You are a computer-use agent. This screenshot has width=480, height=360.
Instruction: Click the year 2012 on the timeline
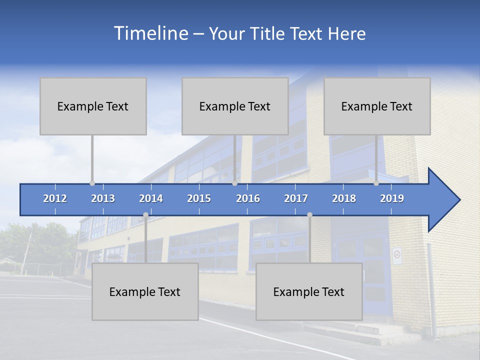tap(55, 198)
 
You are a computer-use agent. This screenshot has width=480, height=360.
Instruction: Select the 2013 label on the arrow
tap(103, 198)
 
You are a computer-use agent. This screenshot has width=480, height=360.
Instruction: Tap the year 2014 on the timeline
tap(151, 198)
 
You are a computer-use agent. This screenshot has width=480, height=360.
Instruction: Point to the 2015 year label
tap(199, 198)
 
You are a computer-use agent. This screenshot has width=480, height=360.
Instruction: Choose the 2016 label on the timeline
tap(248, 198)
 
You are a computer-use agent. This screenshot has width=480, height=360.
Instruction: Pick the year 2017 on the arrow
tap(296, 198)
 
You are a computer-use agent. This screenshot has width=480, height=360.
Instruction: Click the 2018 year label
tap(344, 198)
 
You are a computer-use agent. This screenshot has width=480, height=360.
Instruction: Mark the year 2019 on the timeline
tap(392, 198)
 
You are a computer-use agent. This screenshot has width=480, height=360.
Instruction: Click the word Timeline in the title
tap(150, 33)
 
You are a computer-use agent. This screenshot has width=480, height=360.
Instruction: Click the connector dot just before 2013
tap(92, 183)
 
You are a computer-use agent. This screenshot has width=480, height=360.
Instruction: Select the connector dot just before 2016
tap(234, 183)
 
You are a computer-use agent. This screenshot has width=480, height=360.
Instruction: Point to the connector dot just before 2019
tap(376, 183)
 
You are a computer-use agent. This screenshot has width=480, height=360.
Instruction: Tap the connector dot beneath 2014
tap(145, 215)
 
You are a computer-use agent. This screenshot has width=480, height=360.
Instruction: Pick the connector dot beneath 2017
tap(309, 215)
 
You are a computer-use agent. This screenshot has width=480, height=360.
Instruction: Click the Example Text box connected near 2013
tap(93, 106)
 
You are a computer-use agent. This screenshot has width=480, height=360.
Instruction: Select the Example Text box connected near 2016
tap(235, 106)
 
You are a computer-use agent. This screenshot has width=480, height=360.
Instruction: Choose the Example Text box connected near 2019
tap(377, 106)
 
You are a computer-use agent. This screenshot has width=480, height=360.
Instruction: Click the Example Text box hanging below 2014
tap(145, 291)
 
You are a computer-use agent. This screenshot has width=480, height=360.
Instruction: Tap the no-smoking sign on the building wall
tap(397, 255)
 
